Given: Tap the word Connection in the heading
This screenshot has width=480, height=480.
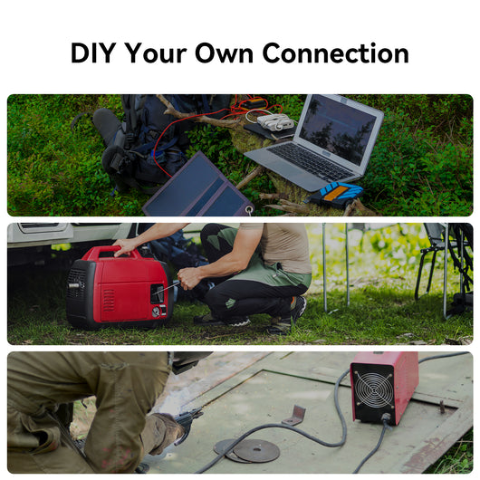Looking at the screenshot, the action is click(x=335, y=53).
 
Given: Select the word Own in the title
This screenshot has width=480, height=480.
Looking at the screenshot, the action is click(x=224, y=53).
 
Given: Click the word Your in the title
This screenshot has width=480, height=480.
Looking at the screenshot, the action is click(x=156, y=53).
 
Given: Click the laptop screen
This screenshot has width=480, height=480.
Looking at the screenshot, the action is click(x=338, y=130).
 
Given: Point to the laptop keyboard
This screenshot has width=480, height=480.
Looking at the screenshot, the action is click(x=312, y=160).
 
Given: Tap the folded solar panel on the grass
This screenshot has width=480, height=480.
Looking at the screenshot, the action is click(x=198, y=187).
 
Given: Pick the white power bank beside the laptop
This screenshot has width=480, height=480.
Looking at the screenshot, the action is click(x=275, y=122).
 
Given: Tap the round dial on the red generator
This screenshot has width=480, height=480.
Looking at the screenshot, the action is click(x=156, y=312).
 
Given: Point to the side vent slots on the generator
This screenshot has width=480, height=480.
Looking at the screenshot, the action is click(x=109, y=301).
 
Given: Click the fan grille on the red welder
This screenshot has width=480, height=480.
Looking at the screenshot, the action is click(x=374, y=389).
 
